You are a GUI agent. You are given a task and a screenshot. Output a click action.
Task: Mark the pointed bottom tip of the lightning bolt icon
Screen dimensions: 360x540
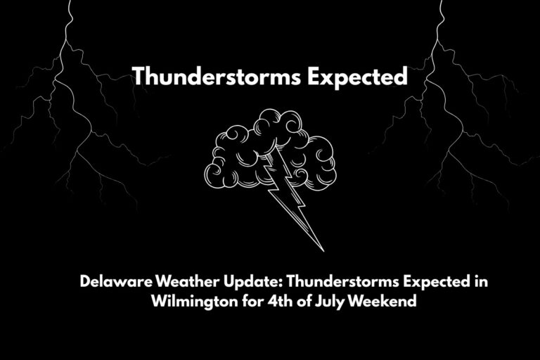323,250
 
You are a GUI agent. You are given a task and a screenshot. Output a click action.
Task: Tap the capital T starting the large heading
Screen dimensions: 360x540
139,77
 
